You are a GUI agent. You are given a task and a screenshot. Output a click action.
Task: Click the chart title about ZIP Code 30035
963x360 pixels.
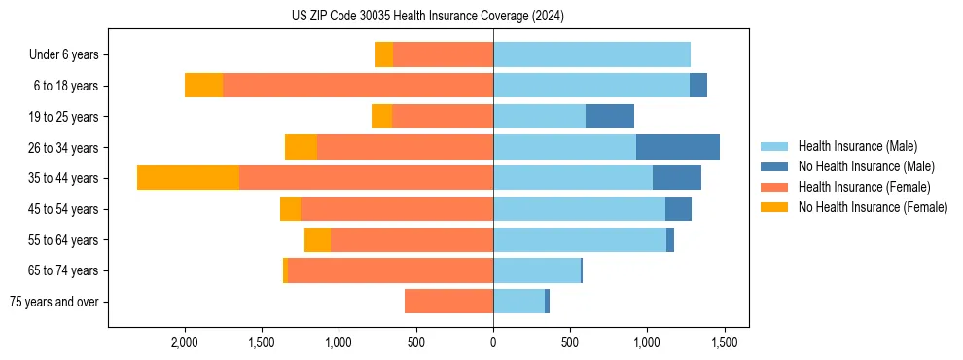tap(428, 17)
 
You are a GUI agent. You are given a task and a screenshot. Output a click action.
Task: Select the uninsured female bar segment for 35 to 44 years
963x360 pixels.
tap(188, 177)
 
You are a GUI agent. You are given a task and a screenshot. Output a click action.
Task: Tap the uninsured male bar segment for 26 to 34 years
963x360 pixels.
tap(678, 147)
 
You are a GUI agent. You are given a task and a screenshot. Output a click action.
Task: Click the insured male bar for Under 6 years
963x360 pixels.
tap(591, 54)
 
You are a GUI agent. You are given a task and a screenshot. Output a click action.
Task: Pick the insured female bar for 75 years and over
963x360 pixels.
tap(448, 302)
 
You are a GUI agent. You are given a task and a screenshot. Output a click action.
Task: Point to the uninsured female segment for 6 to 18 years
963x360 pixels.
tap(203, 86)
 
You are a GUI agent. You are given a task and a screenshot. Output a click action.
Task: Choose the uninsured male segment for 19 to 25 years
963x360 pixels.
tap(610, 116)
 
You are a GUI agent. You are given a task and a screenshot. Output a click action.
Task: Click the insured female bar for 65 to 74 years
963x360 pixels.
tap(390, 270)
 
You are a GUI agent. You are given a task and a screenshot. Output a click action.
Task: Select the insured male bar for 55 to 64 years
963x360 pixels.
tap(580, 239)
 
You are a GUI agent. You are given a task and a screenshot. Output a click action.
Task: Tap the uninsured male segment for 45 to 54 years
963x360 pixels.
tap(678, 208)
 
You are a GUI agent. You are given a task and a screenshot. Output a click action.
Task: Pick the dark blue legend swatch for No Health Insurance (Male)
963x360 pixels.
tap(775, 166)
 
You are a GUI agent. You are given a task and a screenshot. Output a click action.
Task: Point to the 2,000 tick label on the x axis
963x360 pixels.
tap(185, 342)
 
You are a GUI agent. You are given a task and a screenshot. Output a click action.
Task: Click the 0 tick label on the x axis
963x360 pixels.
tap(493, 342)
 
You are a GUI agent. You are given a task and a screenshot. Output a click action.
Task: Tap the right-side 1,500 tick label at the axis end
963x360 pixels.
tap(724, 342)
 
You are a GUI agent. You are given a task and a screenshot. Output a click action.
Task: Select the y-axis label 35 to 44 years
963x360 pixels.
tap(63, 178)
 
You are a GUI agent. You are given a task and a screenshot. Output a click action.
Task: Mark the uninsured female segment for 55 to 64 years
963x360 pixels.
tap(317, 239)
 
